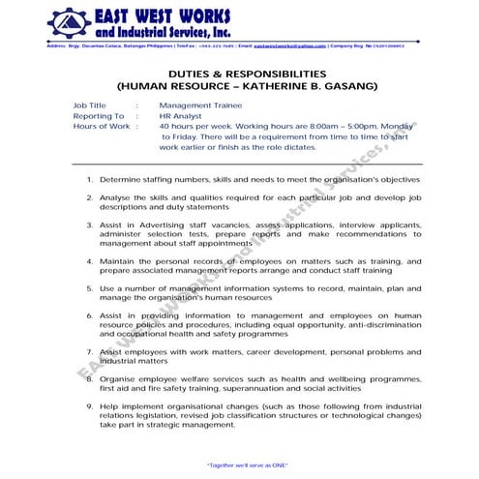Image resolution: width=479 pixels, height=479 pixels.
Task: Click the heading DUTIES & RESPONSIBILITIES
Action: [238, 74]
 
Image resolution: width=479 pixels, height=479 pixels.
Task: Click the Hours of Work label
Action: [101, 126]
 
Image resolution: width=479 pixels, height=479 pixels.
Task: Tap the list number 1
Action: [90, 179]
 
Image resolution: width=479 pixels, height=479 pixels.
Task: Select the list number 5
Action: [90, 287]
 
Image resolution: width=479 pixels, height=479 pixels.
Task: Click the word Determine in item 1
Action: [120, 179]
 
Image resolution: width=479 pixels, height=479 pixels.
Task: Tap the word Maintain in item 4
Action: [119, 260]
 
